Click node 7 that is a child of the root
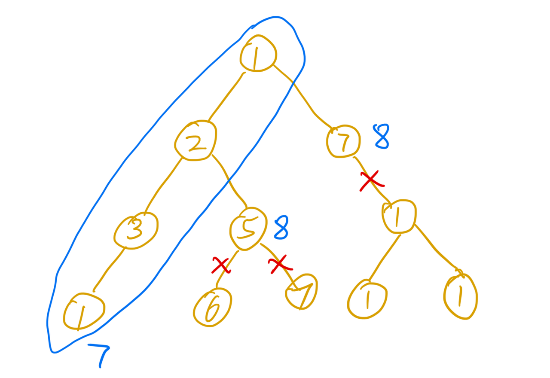coord(343,141)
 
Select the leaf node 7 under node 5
coord(302,293)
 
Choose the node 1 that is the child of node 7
coord(399,216)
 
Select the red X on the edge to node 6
coord(220,266)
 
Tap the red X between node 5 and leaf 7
coord(279,266)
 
